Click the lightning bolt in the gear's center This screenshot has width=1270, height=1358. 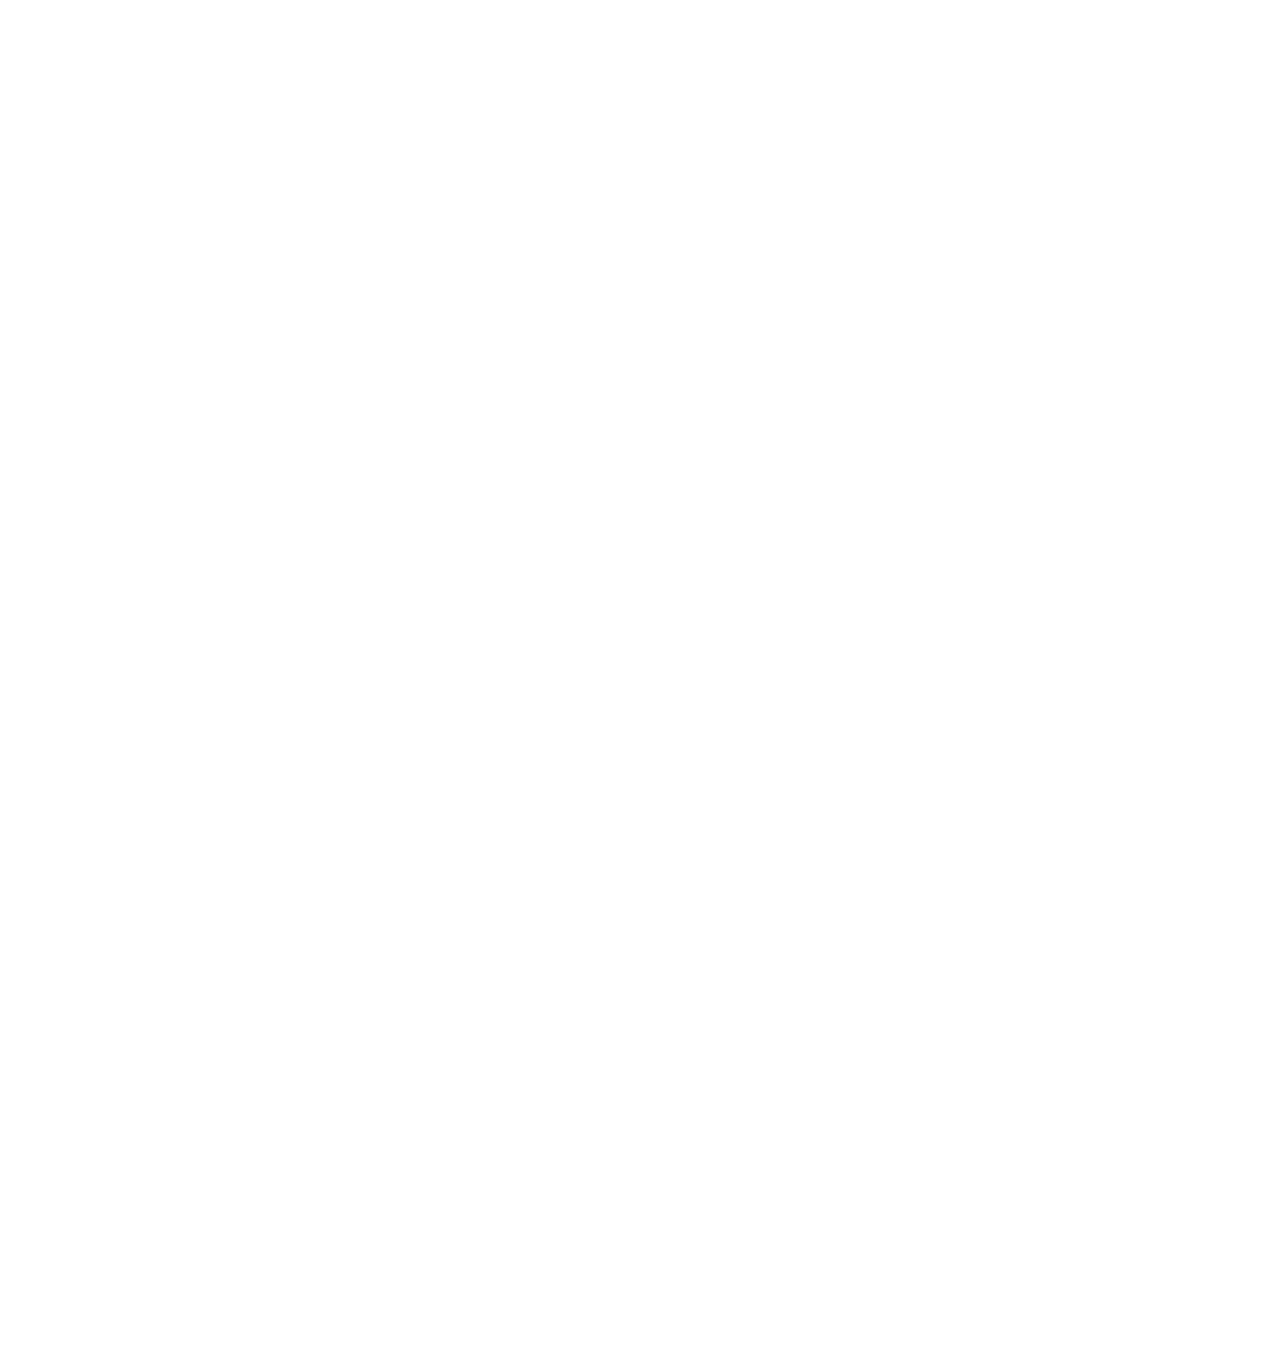click(679, 699)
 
